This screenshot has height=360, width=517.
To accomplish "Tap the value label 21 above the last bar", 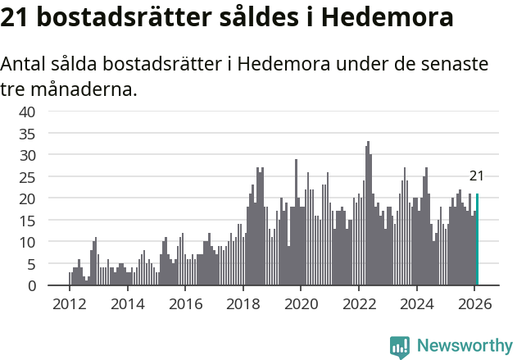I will click(476, 175).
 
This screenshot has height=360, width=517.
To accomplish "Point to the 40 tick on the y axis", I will click(27, 112).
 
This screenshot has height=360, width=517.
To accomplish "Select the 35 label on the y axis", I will click(27, 133).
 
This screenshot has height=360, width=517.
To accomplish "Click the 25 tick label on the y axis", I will click(27, 176).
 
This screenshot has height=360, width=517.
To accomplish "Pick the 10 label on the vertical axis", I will click(27, 242).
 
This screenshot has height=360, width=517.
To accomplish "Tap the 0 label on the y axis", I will click(31, 285).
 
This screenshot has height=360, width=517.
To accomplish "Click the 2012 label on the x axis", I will click(69, 303).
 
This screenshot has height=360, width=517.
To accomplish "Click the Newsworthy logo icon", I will click(400, 346).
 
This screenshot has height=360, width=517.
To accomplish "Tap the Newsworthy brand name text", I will click(464, 346).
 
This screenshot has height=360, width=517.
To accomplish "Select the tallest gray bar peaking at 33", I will click(369, 213).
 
